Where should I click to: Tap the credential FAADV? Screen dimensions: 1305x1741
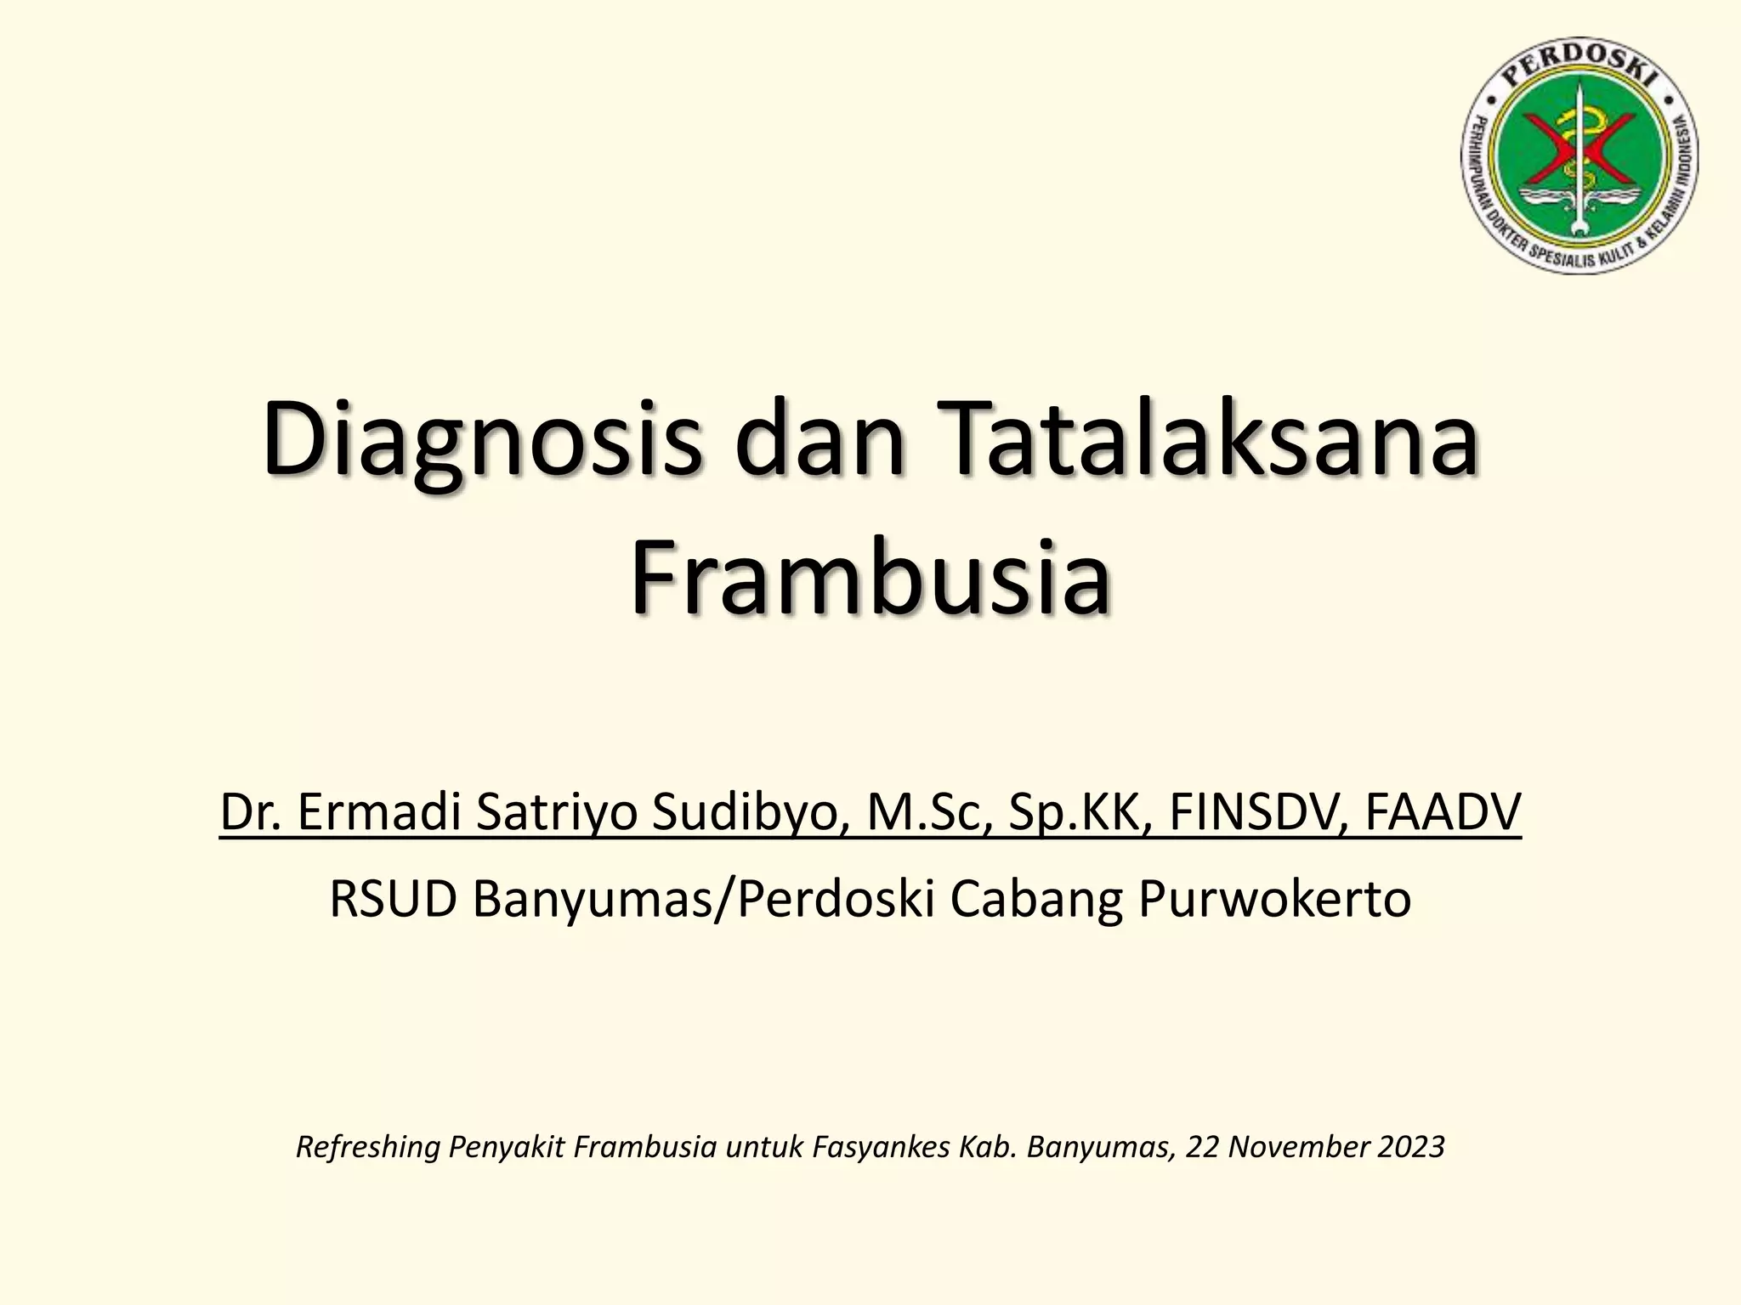pyautogui.click(x=1443, y=812)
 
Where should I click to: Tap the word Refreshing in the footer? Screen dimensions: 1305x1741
pyautogui.click(x=367, y=1148)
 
